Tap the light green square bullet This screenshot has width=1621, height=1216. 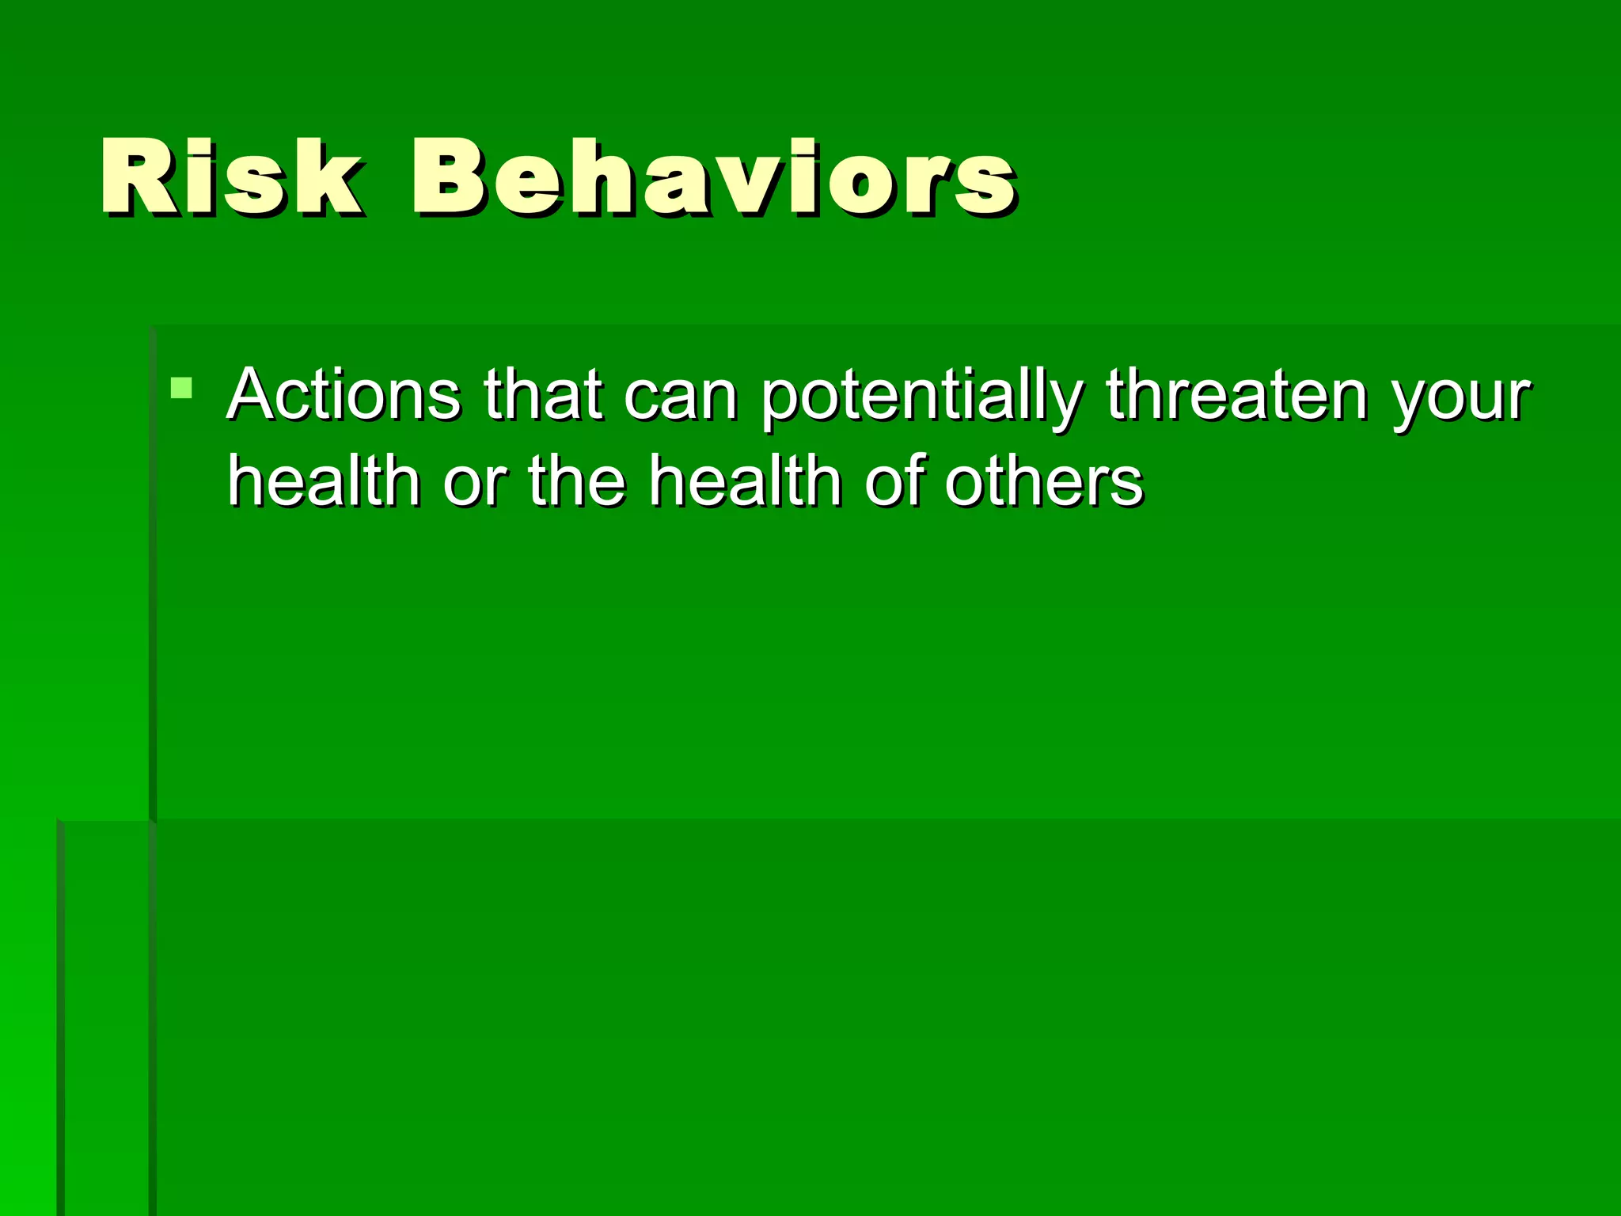181,388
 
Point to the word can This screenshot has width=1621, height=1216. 680,396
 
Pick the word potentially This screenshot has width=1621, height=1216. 921,396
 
